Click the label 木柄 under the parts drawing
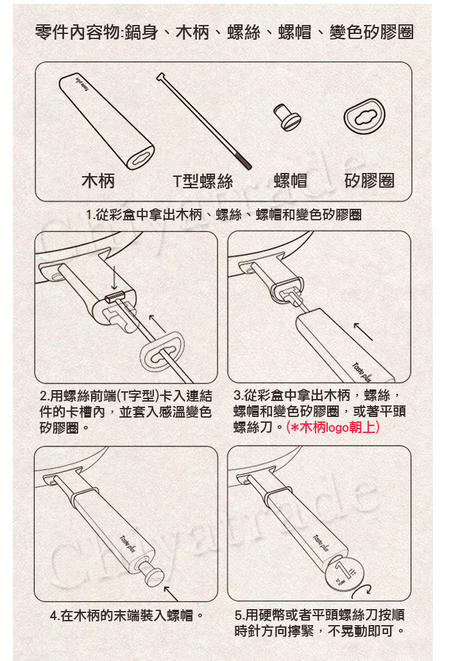pyautogui.click(x=98, y=181)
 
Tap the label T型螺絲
pyautogui.click(x=203, y=181)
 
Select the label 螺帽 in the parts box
pyautogui.click(x=291, y=181)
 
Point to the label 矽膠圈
pyautogui.click(x=369, y=181)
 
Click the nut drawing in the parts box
pyautogui.click(x=287, y=117)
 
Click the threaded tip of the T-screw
pyautogui.click(x=246, y=164)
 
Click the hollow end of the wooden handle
pyautogui.click(x=141, y=158)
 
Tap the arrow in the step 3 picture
pyautogui.click(x=363, y=331)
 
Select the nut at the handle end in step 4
pyautogui.click(x=153, y=572)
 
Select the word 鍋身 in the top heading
pyautogui.click(x=141, y=32)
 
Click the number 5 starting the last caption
pyautogui.click(x=239, y=616)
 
